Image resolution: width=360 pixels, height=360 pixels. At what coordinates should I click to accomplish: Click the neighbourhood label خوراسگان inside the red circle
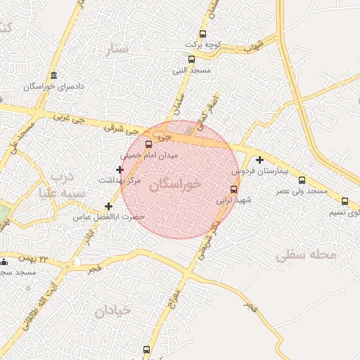[176, 183]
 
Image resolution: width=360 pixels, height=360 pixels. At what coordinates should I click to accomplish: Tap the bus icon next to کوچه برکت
[203, 34]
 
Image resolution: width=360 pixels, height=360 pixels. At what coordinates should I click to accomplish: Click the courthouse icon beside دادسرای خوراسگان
[54, 76]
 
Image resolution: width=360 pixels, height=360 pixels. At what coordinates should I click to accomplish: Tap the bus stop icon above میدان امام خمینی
[148, 144]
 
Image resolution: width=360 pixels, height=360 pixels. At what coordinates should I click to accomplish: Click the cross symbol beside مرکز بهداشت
[120, 169]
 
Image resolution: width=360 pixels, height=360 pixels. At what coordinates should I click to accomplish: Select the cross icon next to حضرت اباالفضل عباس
[108, 206]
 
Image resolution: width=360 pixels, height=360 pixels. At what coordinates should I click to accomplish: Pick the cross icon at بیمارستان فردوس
[259, 160]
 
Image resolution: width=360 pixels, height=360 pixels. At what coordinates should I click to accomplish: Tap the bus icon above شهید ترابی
[234, 188]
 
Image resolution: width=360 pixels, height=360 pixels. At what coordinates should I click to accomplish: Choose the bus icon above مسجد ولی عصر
[302, 180]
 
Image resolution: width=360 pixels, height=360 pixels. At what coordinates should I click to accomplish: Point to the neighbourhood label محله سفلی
[306, 255]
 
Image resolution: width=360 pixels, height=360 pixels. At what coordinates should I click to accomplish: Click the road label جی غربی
[70, 120]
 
